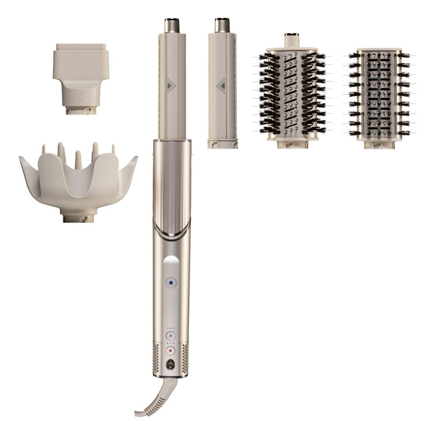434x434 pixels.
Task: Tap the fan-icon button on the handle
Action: [171, 335]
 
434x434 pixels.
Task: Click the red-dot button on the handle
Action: [171, 350]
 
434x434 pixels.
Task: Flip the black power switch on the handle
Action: [171, 365]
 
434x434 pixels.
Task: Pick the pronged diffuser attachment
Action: [78, 178]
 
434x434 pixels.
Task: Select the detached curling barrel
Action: [222, 87]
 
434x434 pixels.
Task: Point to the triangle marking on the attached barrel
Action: [172, 83]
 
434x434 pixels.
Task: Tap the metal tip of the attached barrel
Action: [172, 25]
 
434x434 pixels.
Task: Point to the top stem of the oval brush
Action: [291, 40]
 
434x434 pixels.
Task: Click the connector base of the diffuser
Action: [78, 217]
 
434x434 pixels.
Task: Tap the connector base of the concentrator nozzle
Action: [81, 110]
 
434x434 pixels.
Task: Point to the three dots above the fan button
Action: [171, 328]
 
